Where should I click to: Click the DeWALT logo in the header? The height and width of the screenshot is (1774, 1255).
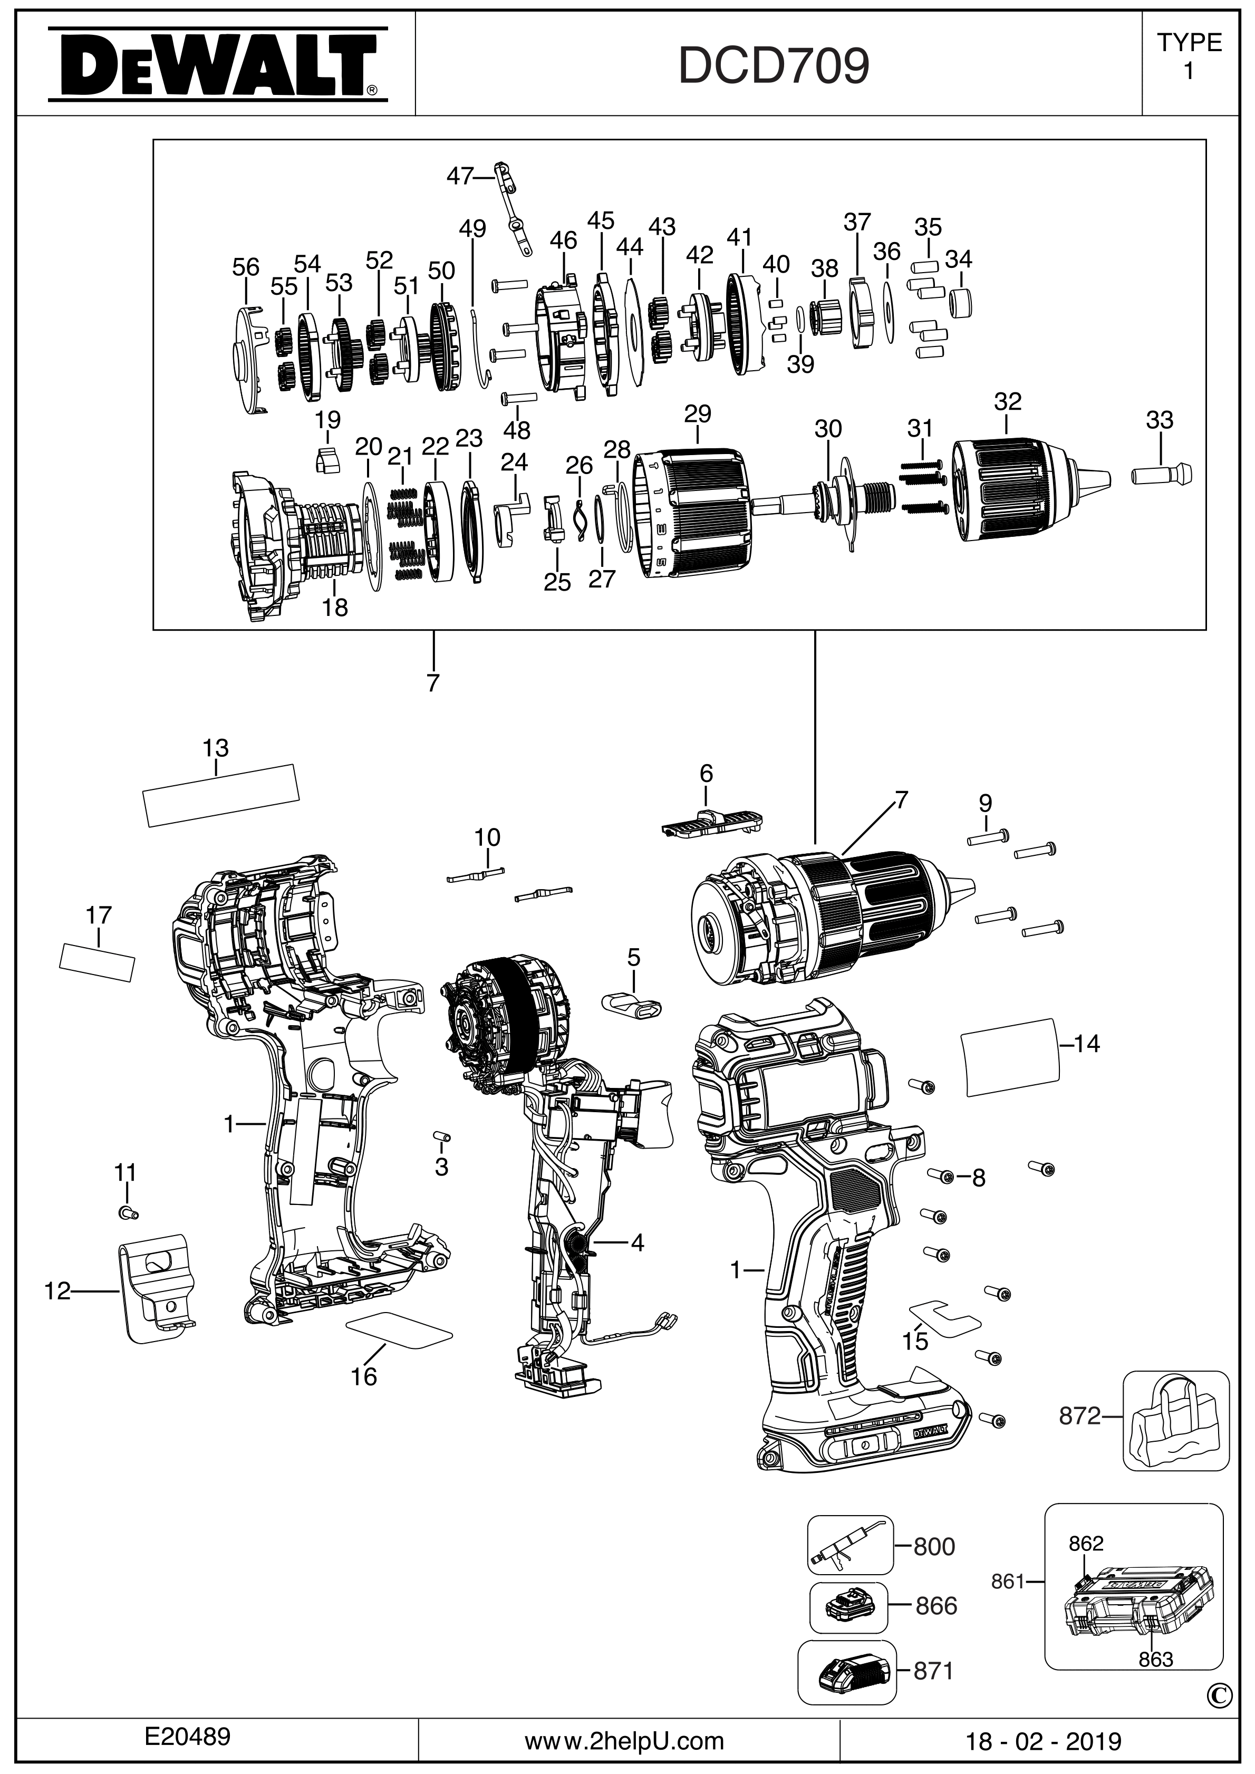click(x=217, y=65)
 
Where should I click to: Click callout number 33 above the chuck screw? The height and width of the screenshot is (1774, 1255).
click(x=1159, y=420)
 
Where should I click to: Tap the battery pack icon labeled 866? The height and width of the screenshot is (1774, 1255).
click(x=847, y=1606)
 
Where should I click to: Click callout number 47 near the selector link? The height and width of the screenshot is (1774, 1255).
click(x=460, y=177)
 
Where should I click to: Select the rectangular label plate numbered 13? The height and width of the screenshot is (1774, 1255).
click(x=222, y=795)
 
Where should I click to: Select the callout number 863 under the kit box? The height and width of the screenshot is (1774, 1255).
click(x=1155, y=1660)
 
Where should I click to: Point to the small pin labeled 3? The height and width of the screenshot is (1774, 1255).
click(x=442, y=1137)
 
